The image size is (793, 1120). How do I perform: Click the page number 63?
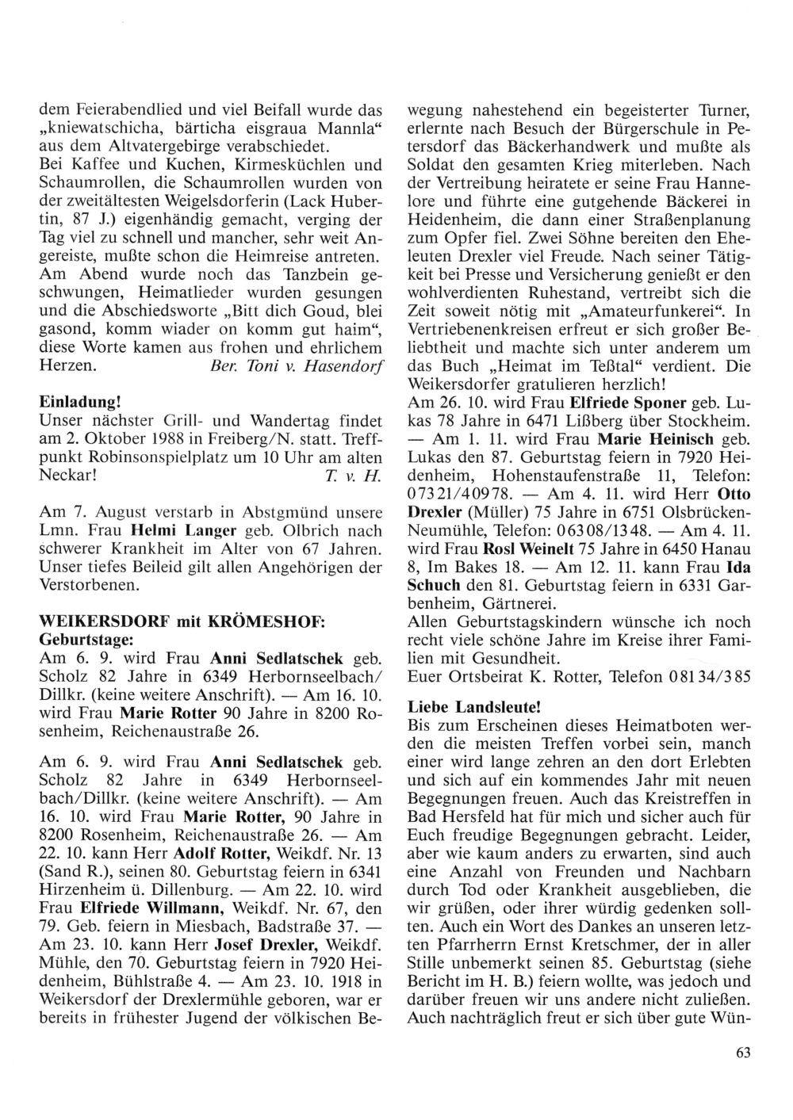(742, 1053)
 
